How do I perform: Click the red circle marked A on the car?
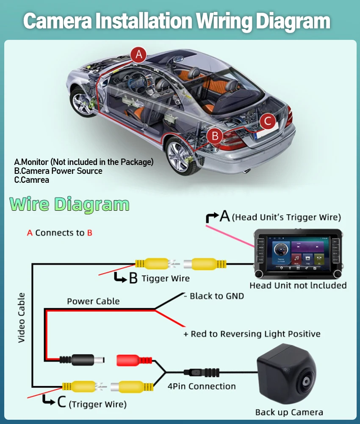point(138,55)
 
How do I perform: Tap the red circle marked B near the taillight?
point(215,136)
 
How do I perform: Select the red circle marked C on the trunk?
point(268,120)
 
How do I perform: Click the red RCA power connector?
point(134,360)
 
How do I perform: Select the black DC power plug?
point(82,360)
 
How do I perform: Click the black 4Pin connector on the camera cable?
point(202,372)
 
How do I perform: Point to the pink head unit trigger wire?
point(230,236)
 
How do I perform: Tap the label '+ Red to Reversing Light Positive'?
point(252,334)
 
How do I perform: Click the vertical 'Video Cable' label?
point(21,318)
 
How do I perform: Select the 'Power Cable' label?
point(93,301)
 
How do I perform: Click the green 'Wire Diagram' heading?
point(69,204)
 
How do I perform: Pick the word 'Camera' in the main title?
point(58,21)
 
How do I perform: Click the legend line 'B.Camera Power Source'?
point(58,171)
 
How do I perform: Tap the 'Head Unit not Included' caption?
point(298,285)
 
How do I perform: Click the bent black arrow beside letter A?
point(212,217)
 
